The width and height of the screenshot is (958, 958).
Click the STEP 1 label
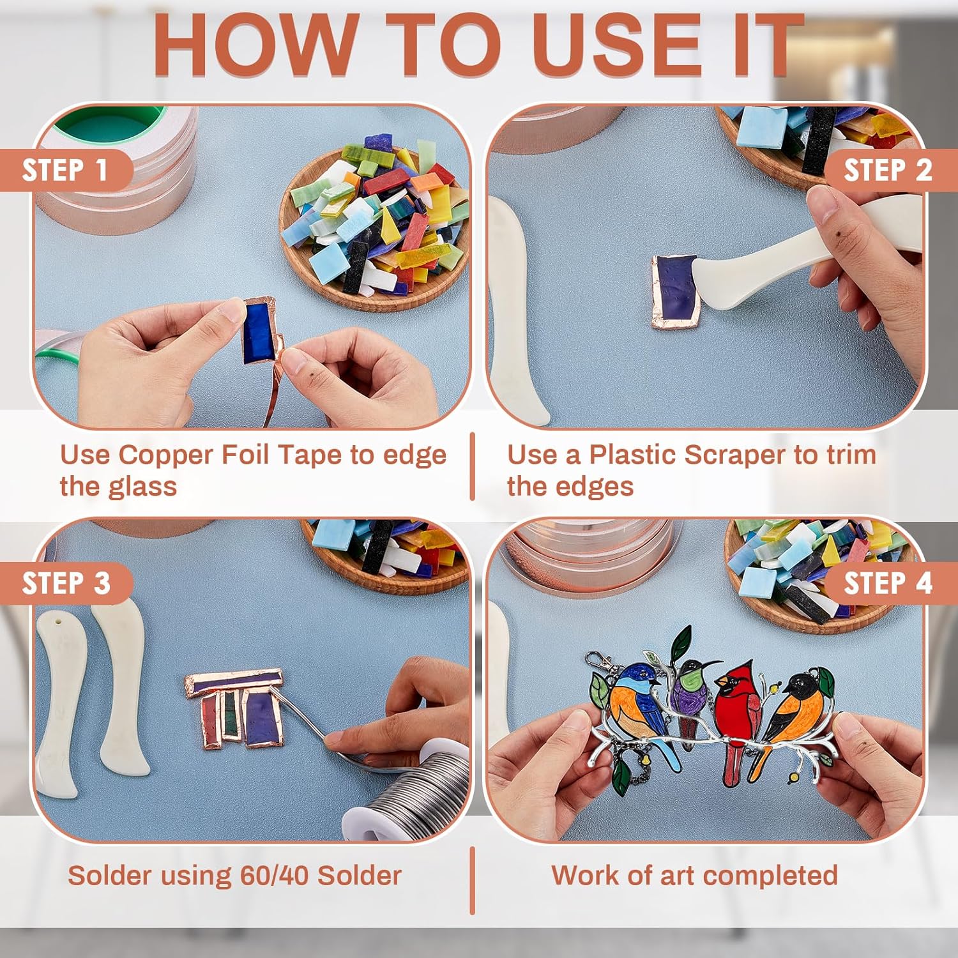pos(64,171)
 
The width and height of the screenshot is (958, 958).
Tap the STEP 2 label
pos(888,171)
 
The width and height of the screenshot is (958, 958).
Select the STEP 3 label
pos(66,584)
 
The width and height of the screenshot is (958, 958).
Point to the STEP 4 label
pos(888,584)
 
